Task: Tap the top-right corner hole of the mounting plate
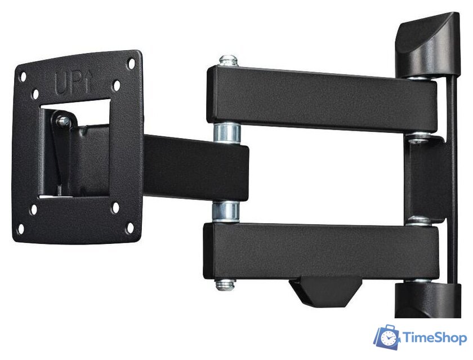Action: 131,63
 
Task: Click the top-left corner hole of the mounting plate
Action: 23,77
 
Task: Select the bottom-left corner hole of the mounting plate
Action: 20,229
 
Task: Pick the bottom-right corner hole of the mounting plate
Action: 130,228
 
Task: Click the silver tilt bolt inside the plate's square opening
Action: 63,121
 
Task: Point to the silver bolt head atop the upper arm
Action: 229,60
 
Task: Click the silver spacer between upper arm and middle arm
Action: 227,132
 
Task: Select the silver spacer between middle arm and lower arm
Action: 226,211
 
